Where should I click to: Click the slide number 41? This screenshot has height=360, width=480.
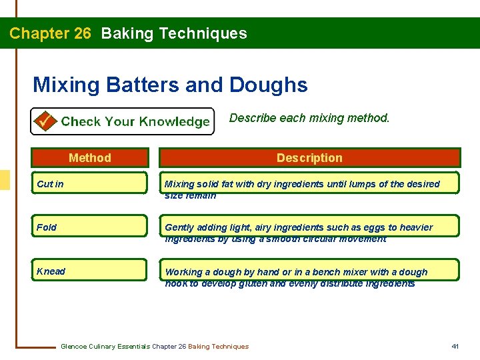coord(455,346)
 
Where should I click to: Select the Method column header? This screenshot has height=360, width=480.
coord(90,158)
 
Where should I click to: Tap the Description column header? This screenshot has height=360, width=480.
coord(309,158)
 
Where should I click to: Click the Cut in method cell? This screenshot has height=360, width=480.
coord(90,183)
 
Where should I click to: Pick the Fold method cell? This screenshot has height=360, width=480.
coord(90,227)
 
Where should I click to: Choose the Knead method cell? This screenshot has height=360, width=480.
coord(90,271)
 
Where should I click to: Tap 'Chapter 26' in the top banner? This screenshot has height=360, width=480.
coord(50,33)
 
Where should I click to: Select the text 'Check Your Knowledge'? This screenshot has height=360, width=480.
coord(135,122)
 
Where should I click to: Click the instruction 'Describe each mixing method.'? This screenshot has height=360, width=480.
coord(309,118)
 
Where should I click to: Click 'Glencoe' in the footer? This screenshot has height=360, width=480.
coord(75,347)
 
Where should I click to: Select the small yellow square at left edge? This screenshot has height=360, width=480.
coord(4,180)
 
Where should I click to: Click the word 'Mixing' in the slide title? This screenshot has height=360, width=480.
coord(65,85)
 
